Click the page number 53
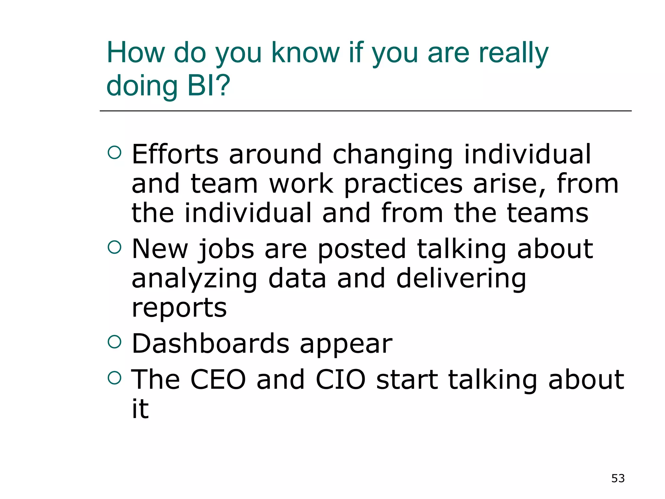click(x=618, y=478)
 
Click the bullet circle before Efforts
click(x=114, y=152)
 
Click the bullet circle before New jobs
click(x=114, y=247)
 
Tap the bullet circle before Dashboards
click(x=114, y=342)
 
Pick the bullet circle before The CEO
click(x=114, y=377)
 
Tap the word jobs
click(x=226, y=249)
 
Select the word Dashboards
click(x=210, y=343)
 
